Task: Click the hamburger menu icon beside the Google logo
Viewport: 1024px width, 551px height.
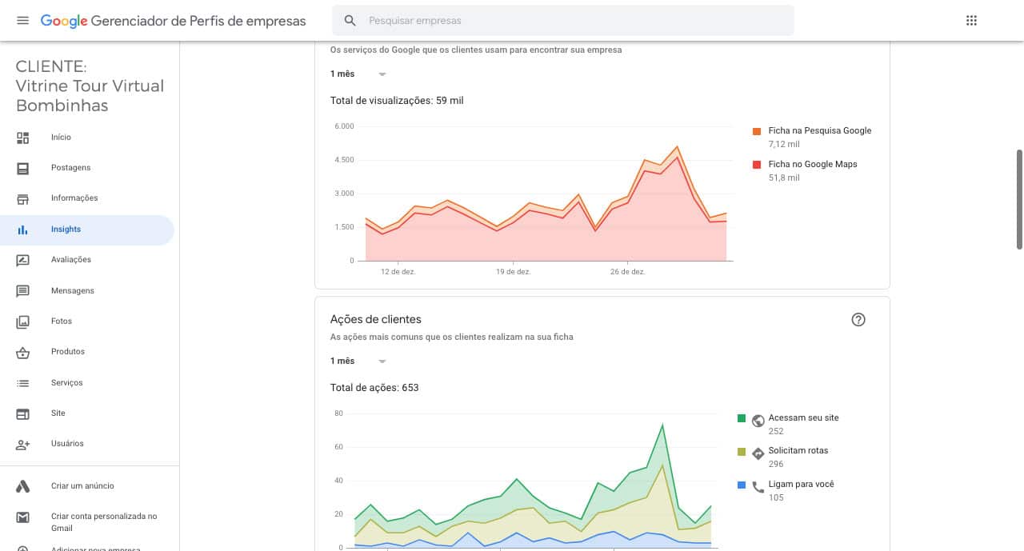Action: pyautogui.click(x=22, y=21)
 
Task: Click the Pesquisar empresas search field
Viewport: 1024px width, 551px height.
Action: pyautogui.click(x=562, y=21)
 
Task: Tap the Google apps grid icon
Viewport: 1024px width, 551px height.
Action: pyautogui.click(x=971, y=21)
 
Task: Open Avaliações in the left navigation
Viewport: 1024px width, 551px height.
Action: pyautogui.click(x=71, y=260)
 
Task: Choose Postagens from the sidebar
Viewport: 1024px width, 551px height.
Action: pyautogui.click(x=71, y=168)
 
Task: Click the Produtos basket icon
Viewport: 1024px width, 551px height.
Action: pyautogui.click(x=22, y=352)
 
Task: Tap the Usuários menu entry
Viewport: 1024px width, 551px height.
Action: pyautogui.click(x=67, y=444)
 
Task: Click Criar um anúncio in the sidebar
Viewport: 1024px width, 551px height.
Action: pyautogui.click(x=82, y=486)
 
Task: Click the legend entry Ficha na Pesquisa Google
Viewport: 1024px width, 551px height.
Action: pyautogui.click(x=820, y=130)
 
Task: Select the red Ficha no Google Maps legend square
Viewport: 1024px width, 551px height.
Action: pyautogui.click(x=757, y=165)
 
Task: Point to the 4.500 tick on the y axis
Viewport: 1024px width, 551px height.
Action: pyautogui.click(x=344, y=160)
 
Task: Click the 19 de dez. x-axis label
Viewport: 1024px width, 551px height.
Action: pyautogui.click(x=514, y=272)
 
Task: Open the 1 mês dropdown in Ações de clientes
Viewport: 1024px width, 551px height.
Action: pyautogui.click(x=358, y=361)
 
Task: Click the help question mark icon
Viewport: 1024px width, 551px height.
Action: pyautogui.click(x=858, y=320)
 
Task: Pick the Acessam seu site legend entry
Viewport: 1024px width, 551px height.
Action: pyautogui.click(x=803, y=417)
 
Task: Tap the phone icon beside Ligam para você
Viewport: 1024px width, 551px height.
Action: pyautogui.click(x=758, y=488)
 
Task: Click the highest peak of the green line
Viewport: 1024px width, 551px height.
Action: pyautogui.click(x=662, y=425)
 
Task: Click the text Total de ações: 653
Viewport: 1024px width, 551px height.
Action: pyautogui.click(x=374, y=388)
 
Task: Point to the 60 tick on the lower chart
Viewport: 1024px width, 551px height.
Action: pyautogui.click(x=338, y=447)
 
